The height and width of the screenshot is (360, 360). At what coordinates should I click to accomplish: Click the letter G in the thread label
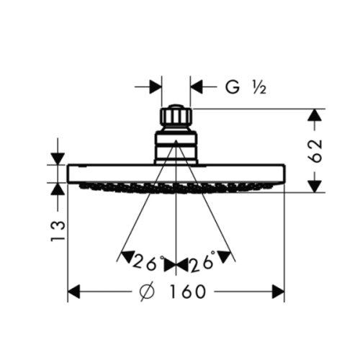(x=232, y=88)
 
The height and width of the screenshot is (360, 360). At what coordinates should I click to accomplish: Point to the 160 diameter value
(x=188, y=292)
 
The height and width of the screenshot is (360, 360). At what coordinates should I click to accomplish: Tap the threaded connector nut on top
(x=176, y=117)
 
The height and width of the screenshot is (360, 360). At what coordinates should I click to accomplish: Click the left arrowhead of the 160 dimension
(x=74, y=292)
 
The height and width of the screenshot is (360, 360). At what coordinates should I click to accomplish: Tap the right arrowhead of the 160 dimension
(x=278, y=292)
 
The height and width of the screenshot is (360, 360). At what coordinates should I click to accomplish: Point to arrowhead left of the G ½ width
(x=154, y=87)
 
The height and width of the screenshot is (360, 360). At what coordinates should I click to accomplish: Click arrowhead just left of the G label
(x=198, y=87)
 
